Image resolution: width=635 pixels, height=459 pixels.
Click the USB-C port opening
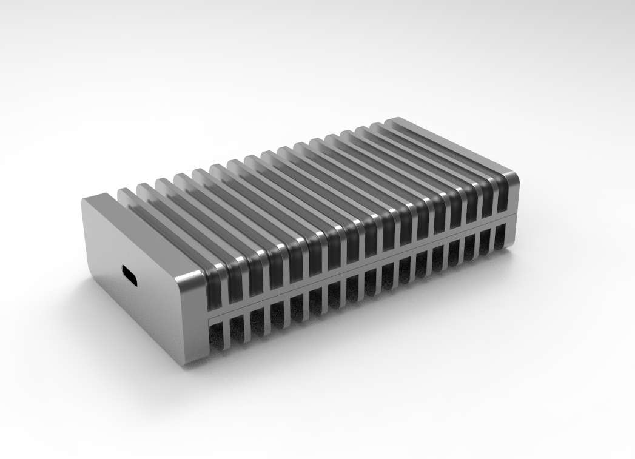[130, 276]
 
